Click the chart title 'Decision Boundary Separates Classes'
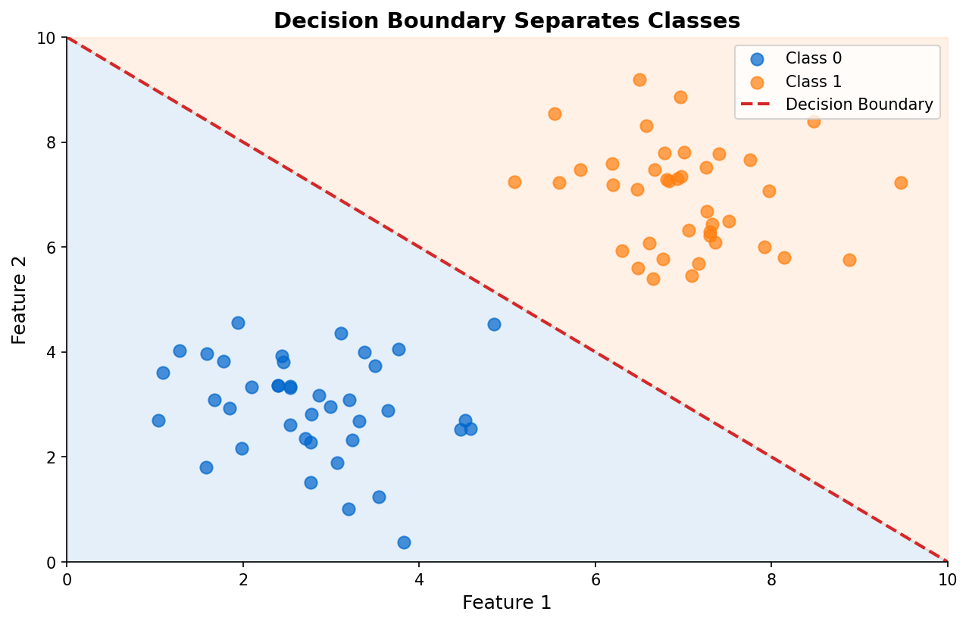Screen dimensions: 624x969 (x=507, y=21)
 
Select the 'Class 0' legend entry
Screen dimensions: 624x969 (x=813, y=58)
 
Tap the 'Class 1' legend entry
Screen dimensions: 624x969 (x=813, y=82)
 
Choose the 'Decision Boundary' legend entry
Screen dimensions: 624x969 (x=858, y=105)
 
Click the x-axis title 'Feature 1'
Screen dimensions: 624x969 (x=507, y=603)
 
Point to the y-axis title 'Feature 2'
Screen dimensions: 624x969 (x=20, y=300)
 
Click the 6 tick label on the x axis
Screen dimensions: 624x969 (x=595, y=579)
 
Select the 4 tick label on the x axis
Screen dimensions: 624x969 (x=419, y=579)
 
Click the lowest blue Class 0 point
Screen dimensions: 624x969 (x=404, y=542)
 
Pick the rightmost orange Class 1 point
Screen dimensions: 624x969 (x=901, y=183)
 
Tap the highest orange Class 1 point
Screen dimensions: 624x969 (x=639, y=80)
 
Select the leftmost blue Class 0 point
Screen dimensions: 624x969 (x=158, y=420)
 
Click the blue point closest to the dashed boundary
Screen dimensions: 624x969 (x=494, y=324)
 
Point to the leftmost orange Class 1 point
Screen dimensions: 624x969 (x=514, y=182)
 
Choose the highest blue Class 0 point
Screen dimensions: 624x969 (x=238, y=323)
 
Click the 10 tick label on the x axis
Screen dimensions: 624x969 (x=947, y=579)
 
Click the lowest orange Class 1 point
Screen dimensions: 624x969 (x=653, y=279)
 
